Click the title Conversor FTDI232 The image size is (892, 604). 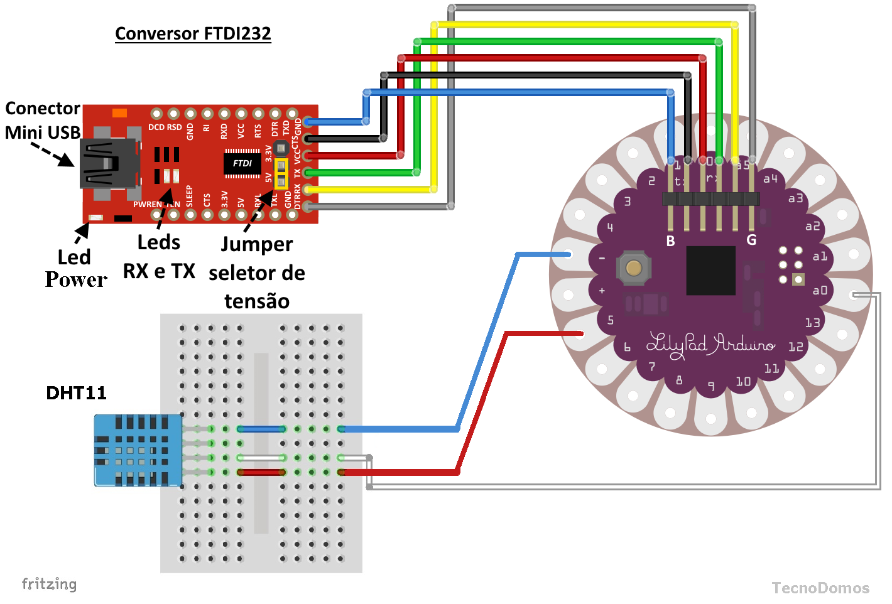click(193, 33)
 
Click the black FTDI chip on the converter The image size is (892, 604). click(242, 163)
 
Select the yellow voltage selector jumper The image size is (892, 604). click(281, 174)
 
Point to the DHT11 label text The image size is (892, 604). click(76, 393)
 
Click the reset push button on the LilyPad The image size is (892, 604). click(634, 268)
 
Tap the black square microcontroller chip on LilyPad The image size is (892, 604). click(710, 271)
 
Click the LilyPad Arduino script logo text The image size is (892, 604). click(710, 345)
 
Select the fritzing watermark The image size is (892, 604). click(49, 584)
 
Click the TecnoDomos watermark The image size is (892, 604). click(820, 588)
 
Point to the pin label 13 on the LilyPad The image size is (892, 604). click(812, 323)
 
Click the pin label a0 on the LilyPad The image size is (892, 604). click(820, 290)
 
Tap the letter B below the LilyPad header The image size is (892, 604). click(670, 241)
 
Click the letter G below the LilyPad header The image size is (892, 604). click(751, 240)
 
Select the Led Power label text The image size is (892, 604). click(75, 268)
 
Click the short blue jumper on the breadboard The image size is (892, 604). click(261, 429)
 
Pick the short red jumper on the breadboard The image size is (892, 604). click(261, 472)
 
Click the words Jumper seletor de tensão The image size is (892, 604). click(257, 272)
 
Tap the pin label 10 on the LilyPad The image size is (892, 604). click(743, 381)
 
